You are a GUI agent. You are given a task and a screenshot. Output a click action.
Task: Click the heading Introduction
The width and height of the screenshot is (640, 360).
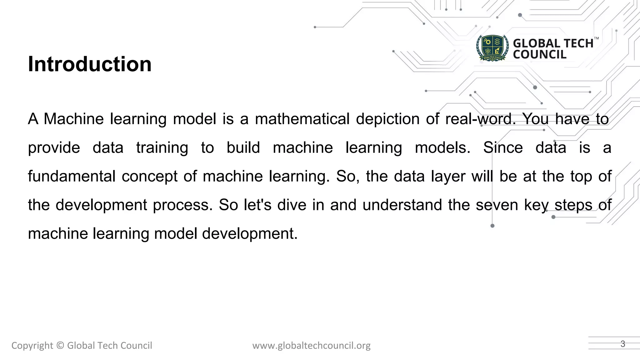pos(90,64)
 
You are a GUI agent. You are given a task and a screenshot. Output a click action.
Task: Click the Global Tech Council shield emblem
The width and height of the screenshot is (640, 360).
pos(492,48)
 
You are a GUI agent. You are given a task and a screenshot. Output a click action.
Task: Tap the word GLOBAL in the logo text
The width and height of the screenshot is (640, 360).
pos(533,43)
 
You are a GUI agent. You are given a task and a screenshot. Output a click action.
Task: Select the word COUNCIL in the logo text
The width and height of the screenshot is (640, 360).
pos(539,55)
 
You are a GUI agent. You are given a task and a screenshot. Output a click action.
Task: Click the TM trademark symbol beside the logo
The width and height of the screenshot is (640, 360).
pos(596,38)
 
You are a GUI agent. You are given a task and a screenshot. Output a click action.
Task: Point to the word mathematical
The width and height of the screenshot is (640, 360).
pos(302,119)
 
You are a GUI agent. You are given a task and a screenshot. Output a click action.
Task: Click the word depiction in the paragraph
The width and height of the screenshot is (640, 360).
pos(387,119)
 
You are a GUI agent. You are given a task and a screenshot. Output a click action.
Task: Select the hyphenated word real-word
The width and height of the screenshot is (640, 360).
pos(480,119)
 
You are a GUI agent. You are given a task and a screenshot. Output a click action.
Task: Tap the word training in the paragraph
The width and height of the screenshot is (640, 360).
pos(162,148)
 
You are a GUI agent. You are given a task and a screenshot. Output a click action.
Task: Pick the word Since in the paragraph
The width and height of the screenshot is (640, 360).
pos(503,148)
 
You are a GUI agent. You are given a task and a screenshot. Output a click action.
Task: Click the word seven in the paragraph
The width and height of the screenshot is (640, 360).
pos(497,205)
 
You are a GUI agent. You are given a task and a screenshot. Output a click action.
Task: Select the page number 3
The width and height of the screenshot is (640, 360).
pos(623,344)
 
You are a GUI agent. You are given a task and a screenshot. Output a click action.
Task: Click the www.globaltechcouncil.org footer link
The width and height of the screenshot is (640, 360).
pos(311,346)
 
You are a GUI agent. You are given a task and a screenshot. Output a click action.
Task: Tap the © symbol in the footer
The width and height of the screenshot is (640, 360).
pos(60,346)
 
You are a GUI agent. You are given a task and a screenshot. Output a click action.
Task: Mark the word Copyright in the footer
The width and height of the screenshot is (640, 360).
pos(32,346)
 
